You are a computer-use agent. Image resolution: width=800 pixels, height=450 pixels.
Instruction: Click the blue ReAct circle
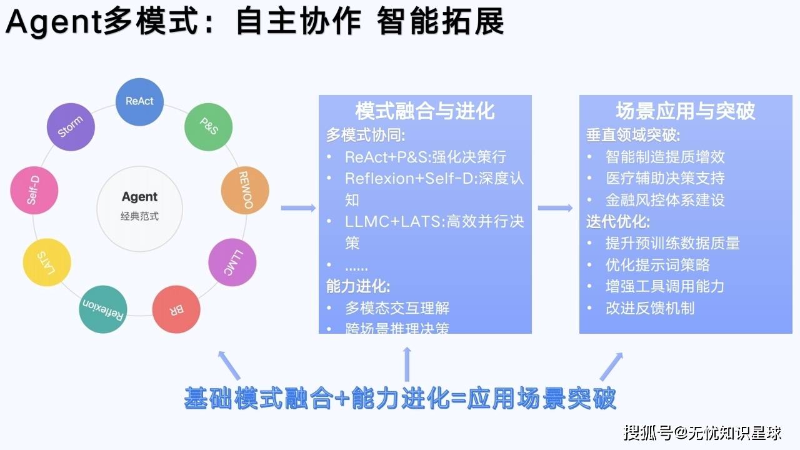[139, 101]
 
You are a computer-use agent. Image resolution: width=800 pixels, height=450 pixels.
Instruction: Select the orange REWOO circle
[245, 191]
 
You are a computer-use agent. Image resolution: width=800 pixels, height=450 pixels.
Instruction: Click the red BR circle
[177, 309]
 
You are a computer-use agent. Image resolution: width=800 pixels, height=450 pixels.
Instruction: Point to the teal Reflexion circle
[104, 309]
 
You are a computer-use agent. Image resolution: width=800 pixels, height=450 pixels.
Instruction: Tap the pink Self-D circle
[34, 190]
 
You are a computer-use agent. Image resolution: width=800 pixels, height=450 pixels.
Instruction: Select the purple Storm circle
[70, 127]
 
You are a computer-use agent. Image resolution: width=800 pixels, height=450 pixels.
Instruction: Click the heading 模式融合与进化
[425, 111]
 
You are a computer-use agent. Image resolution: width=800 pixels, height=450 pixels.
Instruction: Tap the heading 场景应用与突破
[686, 111]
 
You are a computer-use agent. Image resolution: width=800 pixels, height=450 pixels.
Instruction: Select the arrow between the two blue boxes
[555, 207]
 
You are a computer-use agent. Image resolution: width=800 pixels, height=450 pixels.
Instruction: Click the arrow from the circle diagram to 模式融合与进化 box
[298, 207]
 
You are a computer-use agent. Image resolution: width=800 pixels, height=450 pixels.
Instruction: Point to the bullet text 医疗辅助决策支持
[665, 178]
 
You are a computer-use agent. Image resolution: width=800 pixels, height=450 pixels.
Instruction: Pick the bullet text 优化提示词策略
[657, 265]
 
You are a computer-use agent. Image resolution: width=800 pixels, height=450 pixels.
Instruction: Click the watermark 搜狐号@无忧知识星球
[702, 432]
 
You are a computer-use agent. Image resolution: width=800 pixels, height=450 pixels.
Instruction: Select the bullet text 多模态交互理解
[397, 308]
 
